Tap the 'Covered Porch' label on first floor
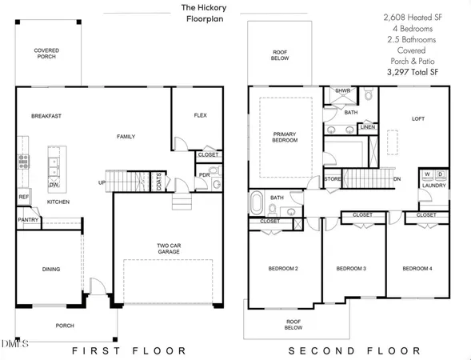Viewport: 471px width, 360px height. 46,54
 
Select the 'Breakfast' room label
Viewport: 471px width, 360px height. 46,116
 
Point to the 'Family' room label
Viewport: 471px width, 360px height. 126,137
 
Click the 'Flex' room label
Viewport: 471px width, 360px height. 201,116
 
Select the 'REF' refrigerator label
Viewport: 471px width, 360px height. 23,196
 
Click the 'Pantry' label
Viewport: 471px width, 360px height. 30,218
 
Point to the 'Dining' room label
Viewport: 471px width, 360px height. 50,269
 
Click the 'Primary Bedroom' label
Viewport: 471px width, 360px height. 285,137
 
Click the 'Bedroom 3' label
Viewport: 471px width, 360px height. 351,269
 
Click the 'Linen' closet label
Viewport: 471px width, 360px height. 367,126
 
